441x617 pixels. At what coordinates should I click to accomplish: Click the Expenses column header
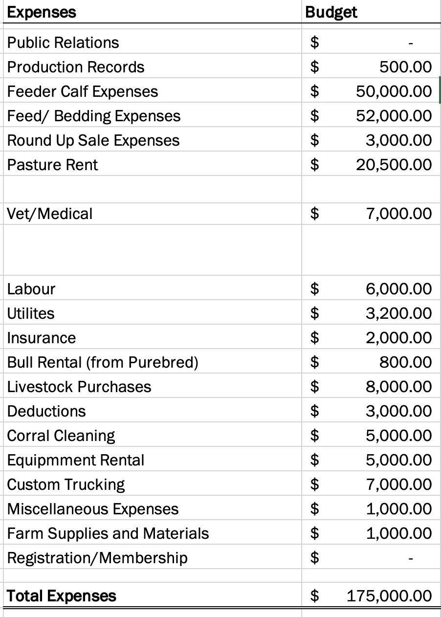click(42, 12)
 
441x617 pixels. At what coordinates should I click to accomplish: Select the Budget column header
click(331, 12)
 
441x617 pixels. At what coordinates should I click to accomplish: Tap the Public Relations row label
click(63, 43)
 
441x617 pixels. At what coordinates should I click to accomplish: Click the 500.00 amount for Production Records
click(405, 67)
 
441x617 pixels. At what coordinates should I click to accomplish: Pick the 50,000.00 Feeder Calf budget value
click(394, 91)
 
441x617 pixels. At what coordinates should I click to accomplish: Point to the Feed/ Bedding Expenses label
click(94, 116)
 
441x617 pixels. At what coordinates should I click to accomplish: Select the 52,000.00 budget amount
click(394, 116)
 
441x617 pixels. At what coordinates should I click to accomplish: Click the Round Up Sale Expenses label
click(93, 140)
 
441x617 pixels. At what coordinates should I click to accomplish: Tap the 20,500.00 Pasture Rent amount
click(394, 165)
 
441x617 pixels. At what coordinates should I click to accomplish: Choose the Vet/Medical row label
click(50, 214)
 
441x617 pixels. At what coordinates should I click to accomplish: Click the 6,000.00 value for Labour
click(398, 289)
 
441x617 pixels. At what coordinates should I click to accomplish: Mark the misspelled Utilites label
click(31, 313)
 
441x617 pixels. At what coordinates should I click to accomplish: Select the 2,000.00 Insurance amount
click(398, 338)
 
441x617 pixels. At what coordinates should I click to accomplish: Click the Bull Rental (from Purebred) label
click(103, 362)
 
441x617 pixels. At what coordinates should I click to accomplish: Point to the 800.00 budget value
click(405, 362)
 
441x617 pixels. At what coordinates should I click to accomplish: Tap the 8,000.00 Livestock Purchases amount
click(398, 387)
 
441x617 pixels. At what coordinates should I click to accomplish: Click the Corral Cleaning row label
click(61, 436)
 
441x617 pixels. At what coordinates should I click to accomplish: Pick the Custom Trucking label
click(66, 485)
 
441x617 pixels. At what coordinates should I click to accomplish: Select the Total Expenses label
click(62, 596)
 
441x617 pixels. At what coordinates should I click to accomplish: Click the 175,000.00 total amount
click(389, 596)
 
